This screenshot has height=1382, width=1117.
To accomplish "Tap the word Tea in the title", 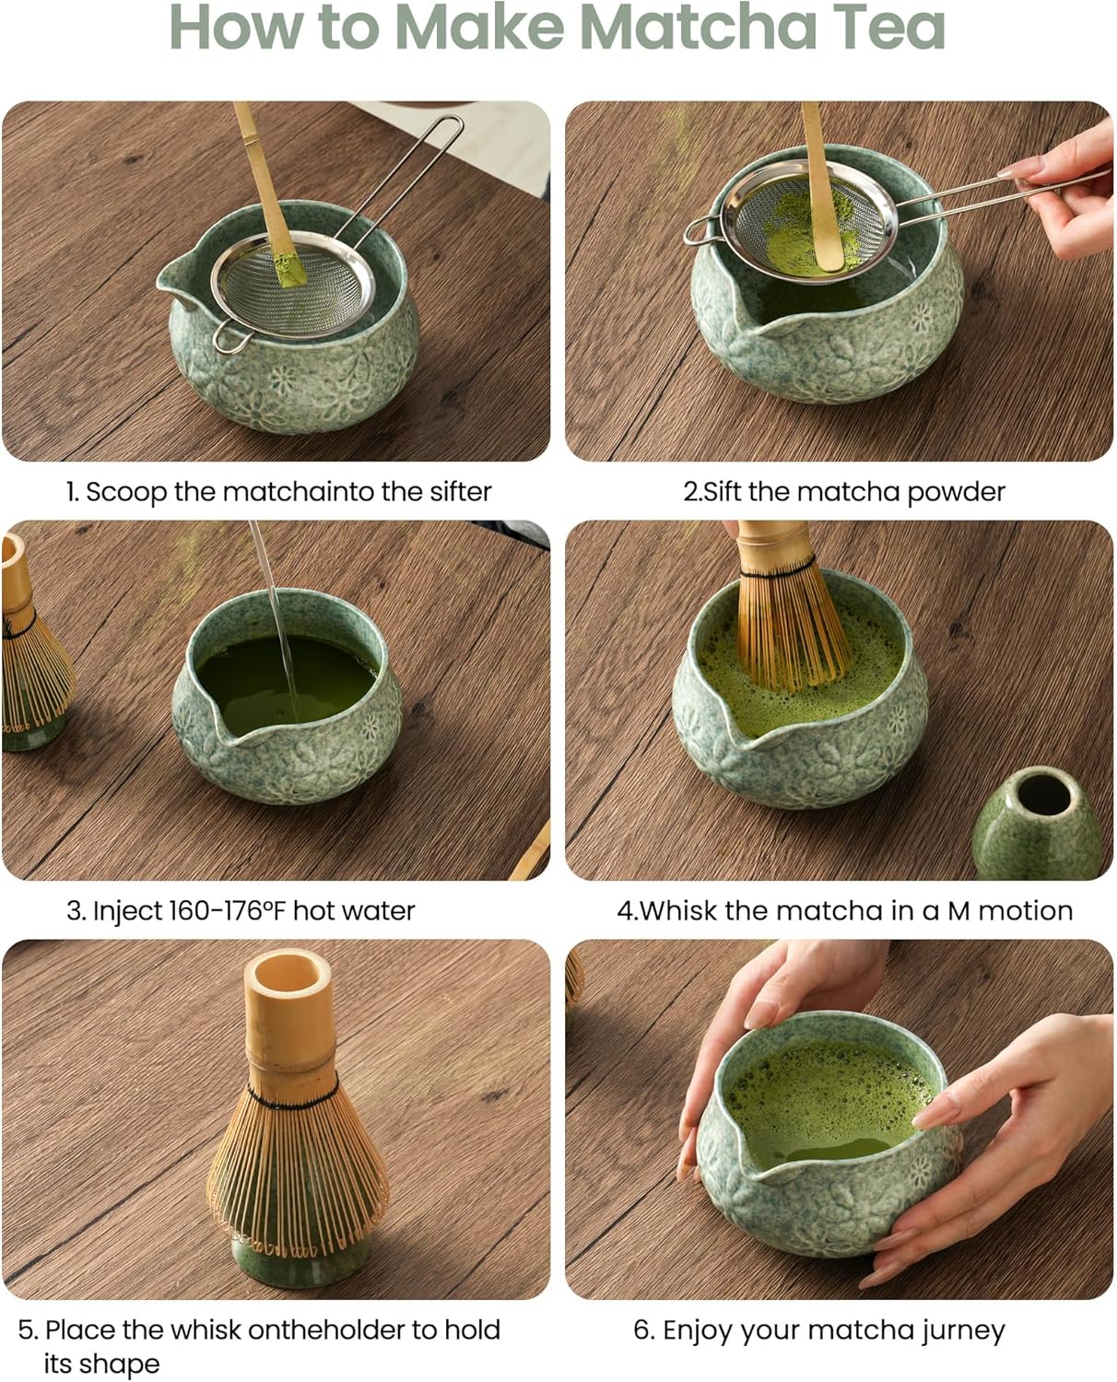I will tap(890, 28).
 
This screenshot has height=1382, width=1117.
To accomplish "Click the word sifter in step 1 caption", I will tap(460, 492).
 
